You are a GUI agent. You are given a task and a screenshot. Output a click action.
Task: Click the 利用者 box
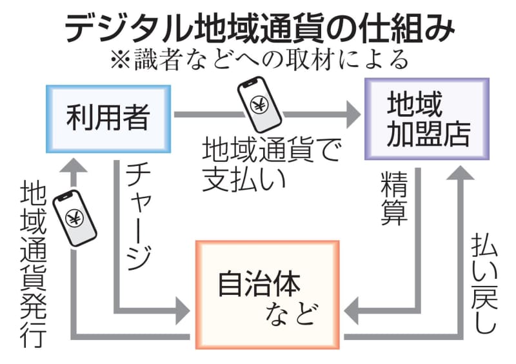[x=108, y=117]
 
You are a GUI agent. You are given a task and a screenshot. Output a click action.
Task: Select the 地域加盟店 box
[x=427, y=119]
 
